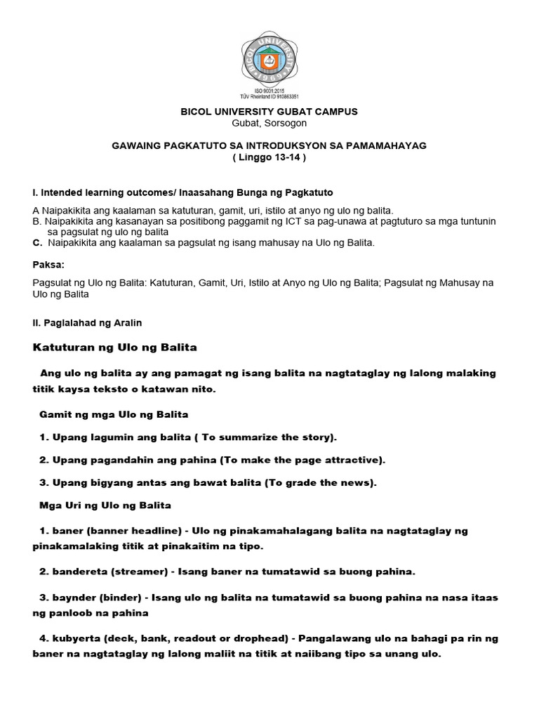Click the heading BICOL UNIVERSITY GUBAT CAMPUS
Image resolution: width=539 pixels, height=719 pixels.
[269, 112]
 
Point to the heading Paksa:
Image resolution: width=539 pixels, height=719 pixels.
[48, 266]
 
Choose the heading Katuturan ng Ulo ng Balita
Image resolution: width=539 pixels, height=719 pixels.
[116, 348]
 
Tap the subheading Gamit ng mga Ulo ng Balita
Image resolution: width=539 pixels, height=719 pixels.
[114, 414]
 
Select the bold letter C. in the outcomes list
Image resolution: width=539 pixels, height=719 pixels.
[38, 243]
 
